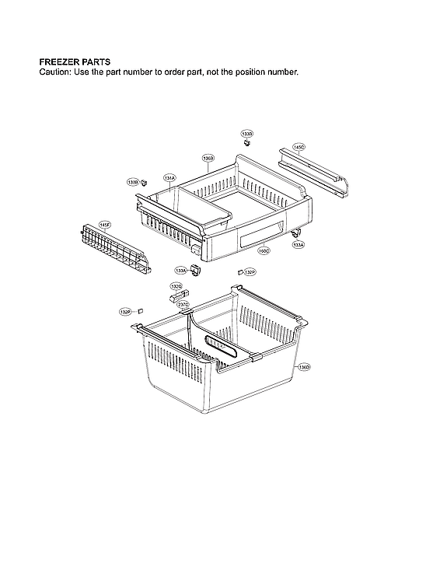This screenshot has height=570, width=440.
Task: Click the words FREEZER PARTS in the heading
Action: coord(75,61)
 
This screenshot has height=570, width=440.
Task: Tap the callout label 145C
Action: coord(299,147)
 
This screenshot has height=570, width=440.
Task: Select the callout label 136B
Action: coord(208,158)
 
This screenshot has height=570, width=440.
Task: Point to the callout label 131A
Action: coord(169,178)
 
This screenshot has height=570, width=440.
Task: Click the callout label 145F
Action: coord(105,225)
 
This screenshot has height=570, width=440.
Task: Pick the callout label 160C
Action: coord(264,251)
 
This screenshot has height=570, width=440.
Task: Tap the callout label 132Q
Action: coord(176,286)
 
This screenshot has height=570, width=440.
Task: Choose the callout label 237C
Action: coord(183,304)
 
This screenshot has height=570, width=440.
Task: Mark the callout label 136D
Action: coord(304,366)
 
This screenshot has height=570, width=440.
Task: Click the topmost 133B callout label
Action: coord(246,134)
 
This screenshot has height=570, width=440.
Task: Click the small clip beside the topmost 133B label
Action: coord(246,144)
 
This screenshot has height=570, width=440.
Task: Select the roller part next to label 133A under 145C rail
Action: coord(295,233)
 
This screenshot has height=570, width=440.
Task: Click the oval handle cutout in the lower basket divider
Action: coord(222,346)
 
